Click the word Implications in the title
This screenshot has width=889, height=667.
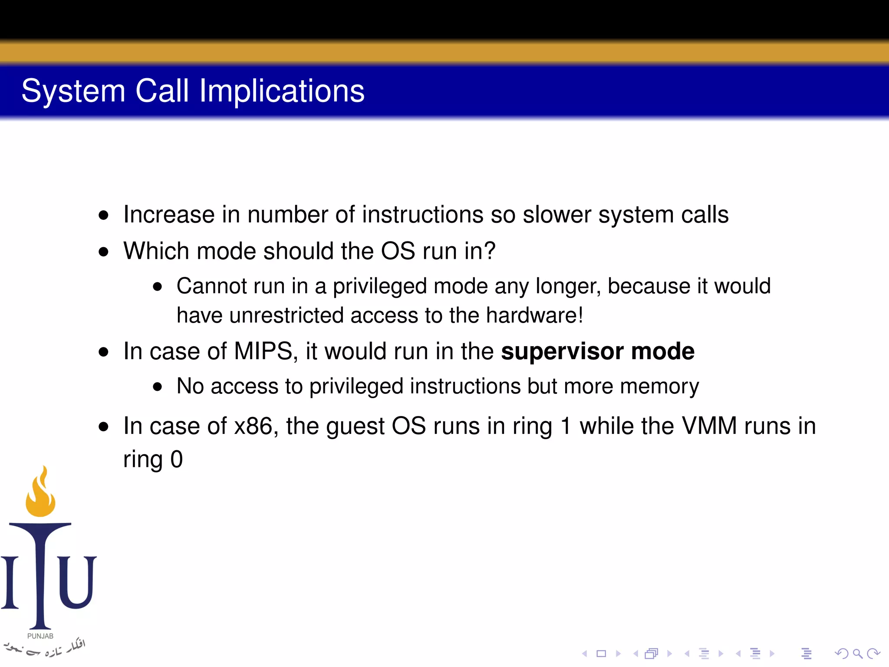tap(282, 91)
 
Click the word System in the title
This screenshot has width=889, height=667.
tap(73, 91)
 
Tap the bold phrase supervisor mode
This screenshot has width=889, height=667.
tap(597, 351)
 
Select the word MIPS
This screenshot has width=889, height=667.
tap(263, 351)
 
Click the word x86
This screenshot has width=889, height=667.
tap(253, 426)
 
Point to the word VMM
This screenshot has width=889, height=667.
tap(709, 426)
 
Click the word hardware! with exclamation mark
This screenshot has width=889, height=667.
tap(534, 316)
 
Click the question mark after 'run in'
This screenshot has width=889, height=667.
tap(490, 251)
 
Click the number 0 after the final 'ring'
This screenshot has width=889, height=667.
tap(177, 459)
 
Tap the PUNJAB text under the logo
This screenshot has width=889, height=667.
tap(40, 636)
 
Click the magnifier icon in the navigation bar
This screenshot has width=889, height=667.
tap(857, 654)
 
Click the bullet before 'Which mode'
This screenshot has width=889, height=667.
tap(103, 252)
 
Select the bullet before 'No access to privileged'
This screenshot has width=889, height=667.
tap(157, 387)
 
